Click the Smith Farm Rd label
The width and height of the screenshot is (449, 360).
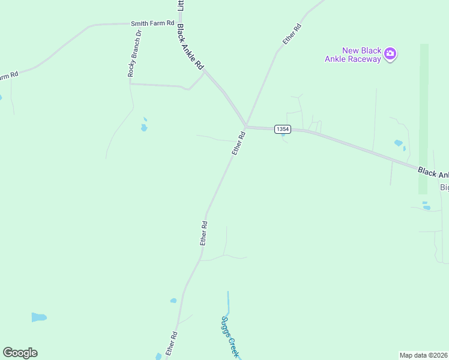click(x=152, y=23)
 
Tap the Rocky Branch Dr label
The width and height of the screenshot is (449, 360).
click(x=134, y=54)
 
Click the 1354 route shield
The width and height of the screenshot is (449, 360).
click(x=282, y=129)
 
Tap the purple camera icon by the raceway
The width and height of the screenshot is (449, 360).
click(x=390, y=54)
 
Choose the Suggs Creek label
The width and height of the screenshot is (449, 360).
click(x=229, y=337)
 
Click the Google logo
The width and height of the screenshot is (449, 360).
click(x=20, y=353)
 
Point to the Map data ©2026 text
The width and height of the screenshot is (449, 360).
click(x=424, y=355)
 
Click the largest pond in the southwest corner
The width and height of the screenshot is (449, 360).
click(x=39, y=317)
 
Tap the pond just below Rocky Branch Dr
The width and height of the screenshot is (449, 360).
click(x=144, y=127)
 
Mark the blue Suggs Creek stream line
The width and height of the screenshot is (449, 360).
click(x=228, y=303)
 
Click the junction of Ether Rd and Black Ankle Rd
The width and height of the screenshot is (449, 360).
click(x=246, y=126)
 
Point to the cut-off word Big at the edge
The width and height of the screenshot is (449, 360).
click(x=444, y=187)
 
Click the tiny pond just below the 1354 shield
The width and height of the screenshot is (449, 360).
click(x=283, y=134)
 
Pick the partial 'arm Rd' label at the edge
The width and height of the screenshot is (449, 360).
click(x=9, y=76)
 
